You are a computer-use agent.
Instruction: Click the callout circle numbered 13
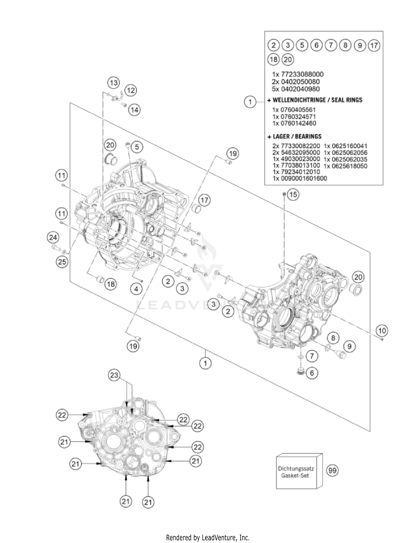point(113,83)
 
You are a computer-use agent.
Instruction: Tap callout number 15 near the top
point(293,195)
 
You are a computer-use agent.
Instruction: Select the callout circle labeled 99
point(332,470)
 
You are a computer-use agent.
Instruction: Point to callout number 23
point(114,375)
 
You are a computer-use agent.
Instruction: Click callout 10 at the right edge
point(382,331)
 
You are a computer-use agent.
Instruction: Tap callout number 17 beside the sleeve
point(204,200)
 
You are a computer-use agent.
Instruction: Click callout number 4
point(136,289)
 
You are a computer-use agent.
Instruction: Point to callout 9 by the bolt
point(349,346)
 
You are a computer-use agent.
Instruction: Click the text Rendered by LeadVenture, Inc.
point(208,537)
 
